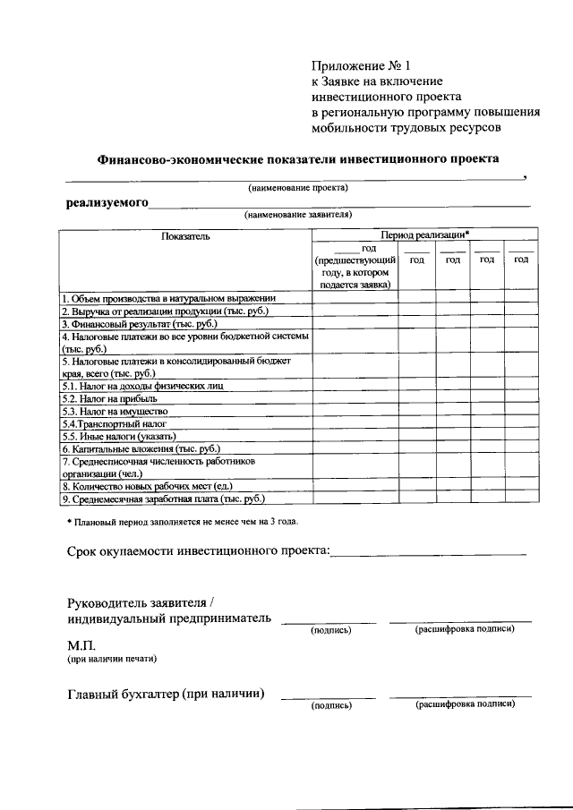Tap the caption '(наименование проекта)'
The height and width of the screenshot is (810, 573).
pos(297,187)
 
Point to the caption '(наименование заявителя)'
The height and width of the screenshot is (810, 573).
pos(298,215)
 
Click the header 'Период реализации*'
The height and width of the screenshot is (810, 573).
pos(424,234)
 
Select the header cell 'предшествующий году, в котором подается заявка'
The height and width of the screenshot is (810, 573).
pos(355,266)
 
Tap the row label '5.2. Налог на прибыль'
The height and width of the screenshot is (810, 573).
pos(109,398)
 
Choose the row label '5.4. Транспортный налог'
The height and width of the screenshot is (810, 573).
pos(114,423)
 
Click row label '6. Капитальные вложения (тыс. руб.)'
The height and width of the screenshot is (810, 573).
pos(141,448)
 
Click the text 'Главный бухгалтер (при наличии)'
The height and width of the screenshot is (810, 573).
pos(166,693)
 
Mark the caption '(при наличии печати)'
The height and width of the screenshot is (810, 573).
pos(112,660)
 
